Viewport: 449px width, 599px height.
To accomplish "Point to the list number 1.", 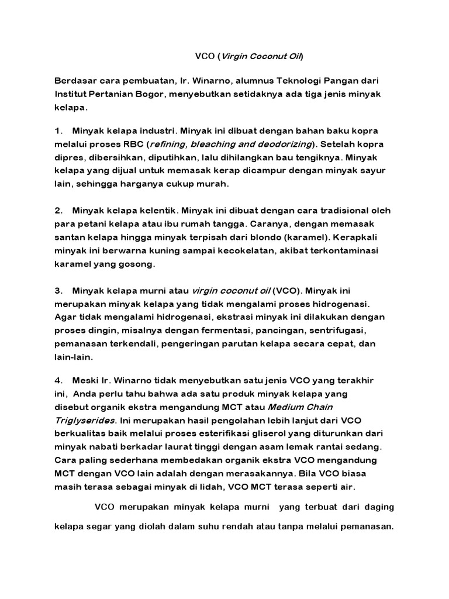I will point(57,129).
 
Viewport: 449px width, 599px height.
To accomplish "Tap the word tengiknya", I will point(319,157).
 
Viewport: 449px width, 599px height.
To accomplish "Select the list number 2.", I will point(58,210).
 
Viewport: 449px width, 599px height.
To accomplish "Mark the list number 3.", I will point(58,291).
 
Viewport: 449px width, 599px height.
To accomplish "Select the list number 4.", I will point(58,380).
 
